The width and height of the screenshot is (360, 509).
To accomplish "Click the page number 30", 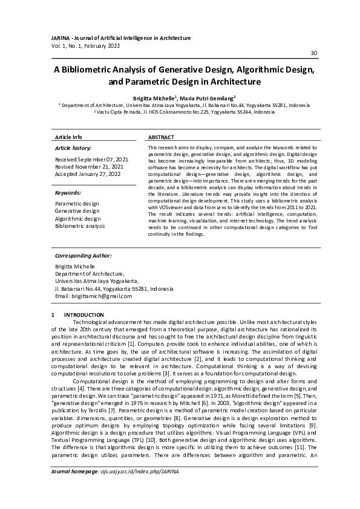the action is tap(313, 53).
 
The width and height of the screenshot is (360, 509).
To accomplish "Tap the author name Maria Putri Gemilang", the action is tap(211, 97).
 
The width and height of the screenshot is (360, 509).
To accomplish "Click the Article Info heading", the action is tap(68, 138).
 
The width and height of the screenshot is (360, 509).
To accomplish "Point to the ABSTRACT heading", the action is tap(161, 138).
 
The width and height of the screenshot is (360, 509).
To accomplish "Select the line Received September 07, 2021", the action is tap(91, 160).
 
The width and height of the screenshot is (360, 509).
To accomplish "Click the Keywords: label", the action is tap(68, 193).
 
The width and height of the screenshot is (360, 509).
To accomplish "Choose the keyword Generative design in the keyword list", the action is tap(77, 211).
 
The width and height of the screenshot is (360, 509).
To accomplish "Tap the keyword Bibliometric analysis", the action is tap(80, 225).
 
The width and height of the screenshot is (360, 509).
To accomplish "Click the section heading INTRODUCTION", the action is tap(85, 315).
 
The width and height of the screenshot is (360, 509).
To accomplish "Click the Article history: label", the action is tap(73, 148).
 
